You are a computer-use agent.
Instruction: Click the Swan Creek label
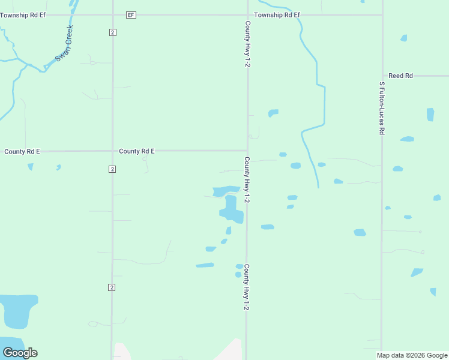coord(64,43)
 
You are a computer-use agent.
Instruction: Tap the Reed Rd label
coord(400,76)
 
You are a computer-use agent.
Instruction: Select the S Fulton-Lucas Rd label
coord(381,108)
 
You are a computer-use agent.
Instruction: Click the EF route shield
coord(131,14)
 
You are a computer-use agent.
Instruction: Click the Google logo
coord(20,353)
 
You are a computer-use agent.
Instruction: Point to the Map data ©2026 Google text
coord(412,355)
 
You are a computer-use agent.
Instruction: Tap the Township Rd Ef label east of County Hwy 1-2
coord(277,14)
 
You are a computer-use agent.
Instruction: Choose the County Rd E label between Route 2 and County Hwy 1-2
coord(137,151)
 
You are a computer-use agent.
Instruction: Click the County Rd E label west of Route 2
coord(22,151)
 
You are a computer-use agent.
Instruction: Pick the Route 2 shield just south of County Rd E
coord(112,169)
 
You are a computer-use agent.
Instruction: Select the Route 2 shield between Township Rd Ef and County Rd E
coord(112,32)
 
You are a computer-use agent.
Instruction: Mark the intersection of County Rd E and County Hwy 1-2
coord(247,151)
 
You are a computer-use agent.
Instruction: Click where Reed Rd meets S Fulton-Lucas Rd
coord(382,76)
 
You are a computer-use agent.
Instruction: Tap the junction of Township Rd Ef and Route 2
coord(112,14)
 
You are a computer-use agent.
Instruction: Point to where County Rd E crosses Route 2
coord(112,151)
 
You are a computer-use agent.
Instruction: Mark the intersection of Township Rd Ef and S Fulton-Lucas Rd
coord(382,14)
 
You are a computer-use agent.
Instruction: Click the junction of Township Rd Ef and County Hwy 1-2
coord(248,14)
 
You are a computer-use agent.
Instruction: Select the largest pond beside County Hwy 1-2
coord(231,209)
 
